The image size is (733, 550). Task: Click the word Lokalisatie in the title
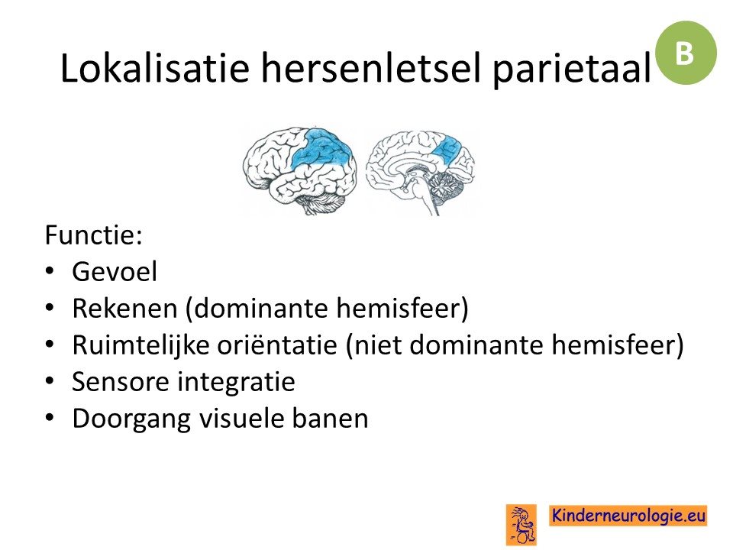click(x=155, y=68)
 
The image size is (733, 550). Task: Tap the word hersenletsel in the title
click(x=370, y=68)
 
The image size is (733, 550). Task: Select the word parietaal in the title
click(x=571, y=70)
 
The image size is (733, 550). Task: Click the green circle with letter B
click(x=686, y=53)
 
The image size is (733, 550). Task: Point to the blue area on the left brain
click(x=321, y=149)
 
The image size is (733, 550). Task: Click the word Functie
click(x=93, y=235)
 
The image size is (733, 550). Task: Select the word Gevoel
click(x=115, y=272)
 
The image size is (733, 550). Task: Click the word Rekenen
click(x=124, y=308)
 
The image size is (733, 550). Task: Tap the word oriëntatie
click(x=278, y=345)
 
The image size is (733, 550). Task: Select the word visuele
click(x=241, y=419)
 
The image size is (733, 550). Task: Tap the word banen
click(x=330, y=419)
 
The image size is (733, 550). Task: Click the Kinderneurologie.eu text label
click(x=628, y=516)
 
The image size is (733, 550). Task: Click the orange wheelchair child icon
click(x=521, y=525)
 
